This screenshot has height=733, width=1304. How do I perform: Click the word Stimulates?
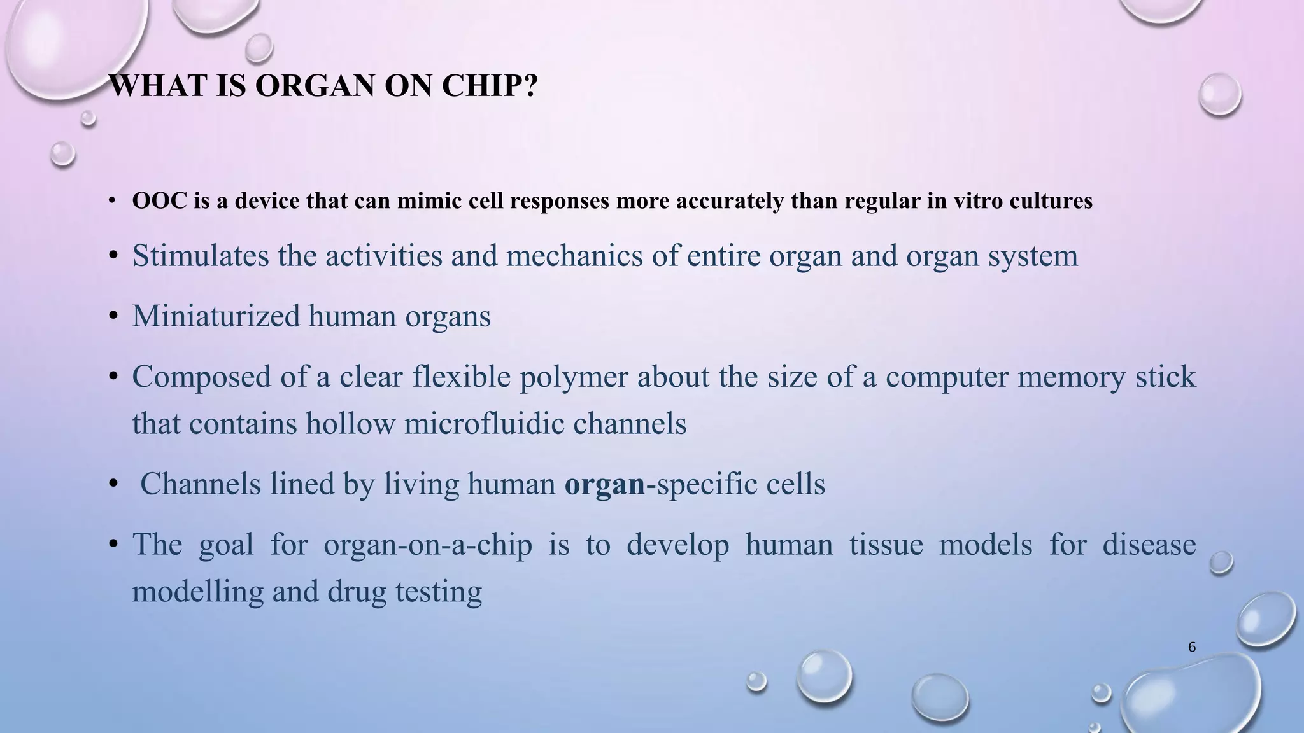201,256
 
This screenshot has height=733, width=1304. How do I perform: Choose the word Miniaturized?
216,316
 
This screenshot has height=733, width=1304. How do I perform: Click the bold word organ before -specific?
605,484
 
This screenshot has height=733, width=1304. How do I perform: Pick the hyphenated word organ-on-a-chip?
428,545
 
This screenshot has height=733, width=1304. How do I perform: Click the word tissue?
886,545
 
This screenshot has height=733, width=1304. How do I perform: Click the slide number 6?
1192,647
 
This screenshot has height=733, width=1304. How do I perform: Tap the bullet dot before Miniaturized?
113,316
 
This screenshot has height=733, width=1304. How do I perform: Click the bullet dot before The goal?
113,545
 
